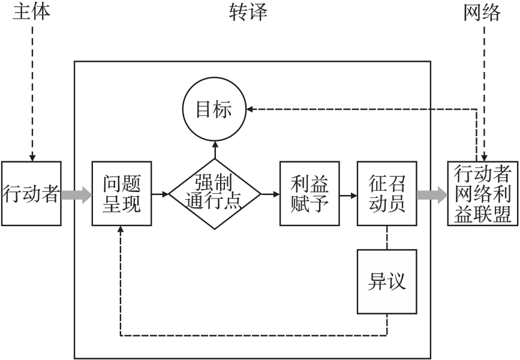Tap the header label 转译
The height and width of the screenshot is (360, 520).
click(247, 11)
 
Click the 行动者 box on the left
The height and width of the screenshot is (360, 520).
click(31, 194)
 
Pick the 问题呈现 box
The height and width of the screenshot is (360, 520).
click(121, 194)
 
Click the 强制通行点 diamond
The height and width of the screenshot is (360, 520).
click(215, 194)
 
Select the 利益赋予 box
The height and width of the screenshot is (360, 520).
click(309, 194)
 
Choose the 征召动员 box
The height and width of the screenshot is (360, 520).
click(387, 194)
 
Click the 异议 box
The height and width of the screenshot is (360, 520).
click(387, 281)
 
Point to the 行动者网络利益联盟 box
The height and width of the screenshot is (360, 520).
click(483, 194)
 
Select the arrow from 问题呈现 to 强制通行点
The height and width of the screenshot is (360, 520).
click(160, 194)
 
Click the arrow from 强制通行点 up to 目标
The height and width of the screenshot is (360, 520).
click(215, 149)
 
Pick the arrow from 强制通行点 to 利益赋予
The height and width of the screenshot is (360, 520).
click(270, 194)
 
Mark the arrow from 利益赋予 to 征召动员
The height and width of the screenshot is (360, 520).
click(348, 194)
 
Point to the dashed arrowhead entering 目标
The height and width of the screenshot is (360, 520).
click(252, 109)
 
